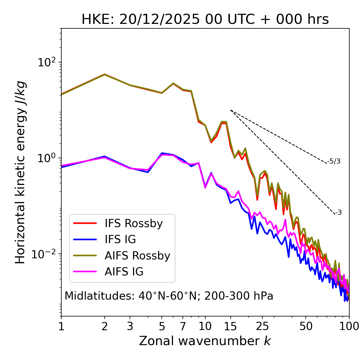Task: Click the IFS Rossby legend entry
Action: click(134, 223)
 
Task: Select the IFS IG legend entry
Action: click(120, 239)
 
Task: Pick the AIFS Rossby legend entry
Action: click(137, 256)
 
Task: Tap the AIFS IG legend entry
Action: click(124, 272)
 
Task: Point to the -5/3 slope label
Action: click(334, 162)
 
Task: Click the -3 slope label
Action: click(338, 213)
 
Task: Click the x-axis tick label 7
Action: click(183, 326)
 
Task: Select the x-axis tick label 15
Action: click(231, 326)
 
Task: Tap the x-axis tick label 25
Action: click(262, 326)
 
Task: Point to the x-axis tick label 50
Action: click(306, 326)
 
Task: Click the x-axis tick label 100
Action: click(349, 326)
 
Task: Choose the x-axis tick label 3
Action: click(130, 326)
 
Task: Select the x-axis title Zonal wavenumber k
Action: click(205, 341)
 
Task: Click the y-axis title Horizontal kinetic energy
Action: click(20, 172)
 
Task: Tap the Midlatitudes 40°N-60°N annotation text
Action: click(169, 296)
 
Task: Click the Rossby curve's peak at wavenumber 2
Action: click(105, 74)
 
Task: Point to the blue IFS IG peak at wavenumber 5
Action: click(162, 153)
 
